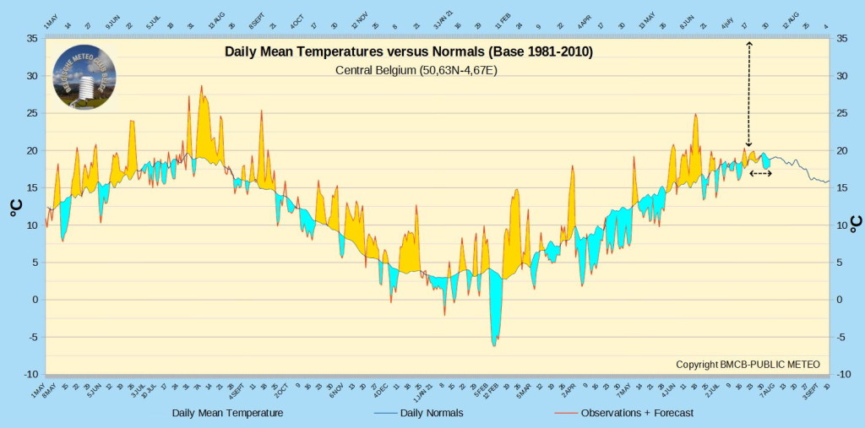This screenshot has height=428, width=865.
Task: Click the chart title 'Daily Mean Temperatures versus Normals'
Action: pyautogui.click(x=409, y=52)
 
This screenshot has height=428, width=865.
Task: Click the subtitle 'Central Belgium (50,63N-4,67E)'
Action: pyautogui.click(x=416, y=70)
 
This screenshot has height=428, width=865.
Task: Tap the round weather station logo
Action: pyautogui.click(x=84, y=78)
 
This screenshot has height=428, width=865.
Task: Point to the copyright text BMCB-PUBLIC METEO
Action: pyautogui.click(x=748, y=364)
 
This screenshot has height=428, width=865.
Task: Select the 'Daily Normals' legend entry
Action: pyautogui.click(x=420, y=413)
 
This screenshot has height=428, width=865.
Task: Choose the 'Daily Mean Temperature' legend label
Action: pyautogui.click(x=227, y=413)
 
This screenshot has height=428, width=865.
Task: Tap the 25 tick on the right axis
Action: pyautogui.click(x=841, y=113)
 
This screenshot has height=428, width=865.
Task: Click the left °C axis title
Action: pyautogui.click(x=16, y=207)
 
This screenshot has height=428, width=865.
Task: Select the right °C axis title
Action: pyautogui.click(x=855, y=223)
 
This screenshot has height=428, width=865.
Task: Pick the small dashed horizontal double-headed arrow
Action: pyautogui.click(x=760, y=173)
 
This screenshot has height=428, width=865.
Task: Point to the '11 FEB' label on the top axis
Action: pyautogui.click(x=503, y=19)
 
